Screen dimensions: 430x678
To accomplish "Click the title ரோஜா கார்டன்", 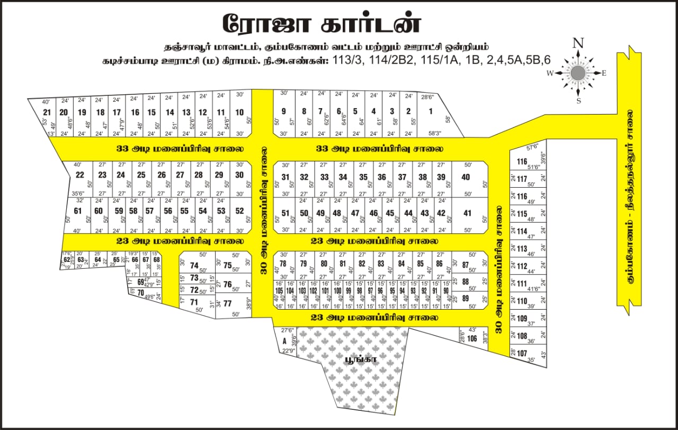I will point(322,23).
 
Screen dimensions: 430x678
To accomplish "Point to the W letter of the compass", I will point(550,73).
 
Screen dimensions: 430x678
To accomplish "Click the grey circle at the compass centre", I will point(578,73).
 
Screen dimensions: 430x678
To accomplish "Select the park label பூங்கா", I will point(351,359).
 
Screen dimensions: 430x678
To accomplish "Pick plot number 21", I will point(47,112).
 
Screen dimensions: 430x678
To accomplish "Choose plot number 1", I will point(431,111).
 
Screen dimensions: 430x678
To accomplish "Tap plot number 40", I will point(466,177).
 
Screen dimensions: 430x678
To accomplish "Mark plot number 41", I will point(467,213).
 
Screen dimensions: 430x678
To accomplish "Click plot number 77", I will point(228,304).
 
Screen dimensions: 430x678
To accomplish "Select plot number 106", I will point(472,338).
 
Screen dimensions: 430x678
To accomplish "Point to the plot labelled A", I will point(284,340).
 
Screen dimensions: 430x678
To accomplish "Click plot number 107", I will point(522,353).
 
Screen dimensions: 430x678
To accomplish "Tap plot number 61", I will point(78,211).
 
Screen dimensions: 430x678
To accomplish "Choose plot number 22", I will point(79,175).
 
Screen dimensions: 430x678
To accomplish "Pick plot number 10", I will point(239,112).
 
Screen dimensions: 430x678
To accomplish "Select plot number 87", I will point(466,265).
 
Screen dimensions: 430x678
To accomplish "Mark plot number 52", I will point(239,211).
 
